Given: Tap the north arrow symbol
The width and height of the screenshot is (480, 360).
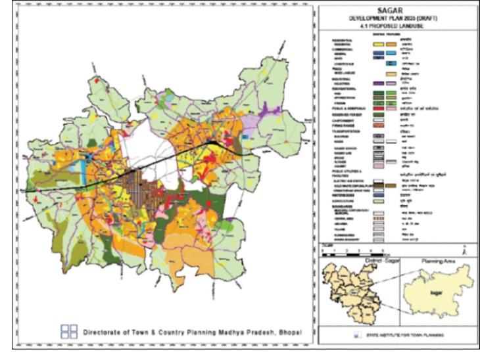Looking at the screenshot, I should (464, 250).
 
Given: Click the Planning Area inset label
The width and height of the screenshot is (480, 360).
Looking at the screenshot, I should (437, 261).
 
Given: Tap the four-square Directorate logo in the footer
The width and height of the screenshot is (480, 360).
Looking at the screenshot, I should (68, 331).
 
